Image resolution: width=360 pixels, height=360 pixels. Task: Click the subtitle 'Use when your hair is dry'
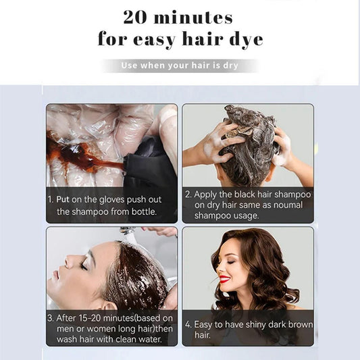click(180, 66)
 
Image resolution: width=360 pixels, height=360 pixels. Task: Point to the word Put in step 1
click(66, 200)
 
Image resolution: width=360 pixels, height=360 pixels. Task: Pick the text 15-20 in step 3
click(88, 317)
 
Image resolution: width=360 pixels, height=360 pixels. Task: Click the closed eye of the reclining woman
click(83, 265)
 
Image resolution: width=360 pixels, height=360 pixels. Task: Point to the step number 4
click(188, 325)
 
